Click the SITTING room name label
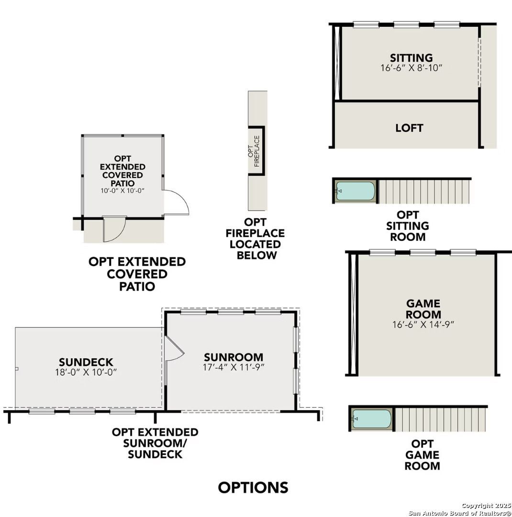(x=411, y=58)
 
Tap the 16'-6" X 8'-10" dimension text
(x=411, y=68)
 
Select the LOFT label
(x=409, y=128)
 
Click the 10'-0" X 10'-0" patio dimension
(x=122, y=191)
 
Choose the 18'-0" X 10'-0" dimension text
(x=86, y=372)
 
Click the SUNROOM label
(x=234, y=357)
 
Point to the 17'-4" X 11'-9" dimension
(x=234, y=367)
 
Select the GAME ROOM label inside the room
(x=423, y=309)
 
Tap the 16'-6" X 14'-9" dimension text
(x=423, y=325)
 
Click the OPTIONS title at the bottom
(x=253, y=487)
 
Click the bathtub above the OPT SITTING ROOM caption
(x=355, y=191)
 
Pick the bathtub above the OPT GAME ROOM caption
(x=371, y=419)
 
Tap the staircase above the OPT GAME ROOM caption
(x=440, y=419)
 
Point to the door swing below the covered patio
(x=114, y=229)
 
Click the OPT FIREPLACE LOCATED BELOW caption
(x=256, y=238)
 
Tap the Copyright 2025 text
(x=486, y=506)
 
